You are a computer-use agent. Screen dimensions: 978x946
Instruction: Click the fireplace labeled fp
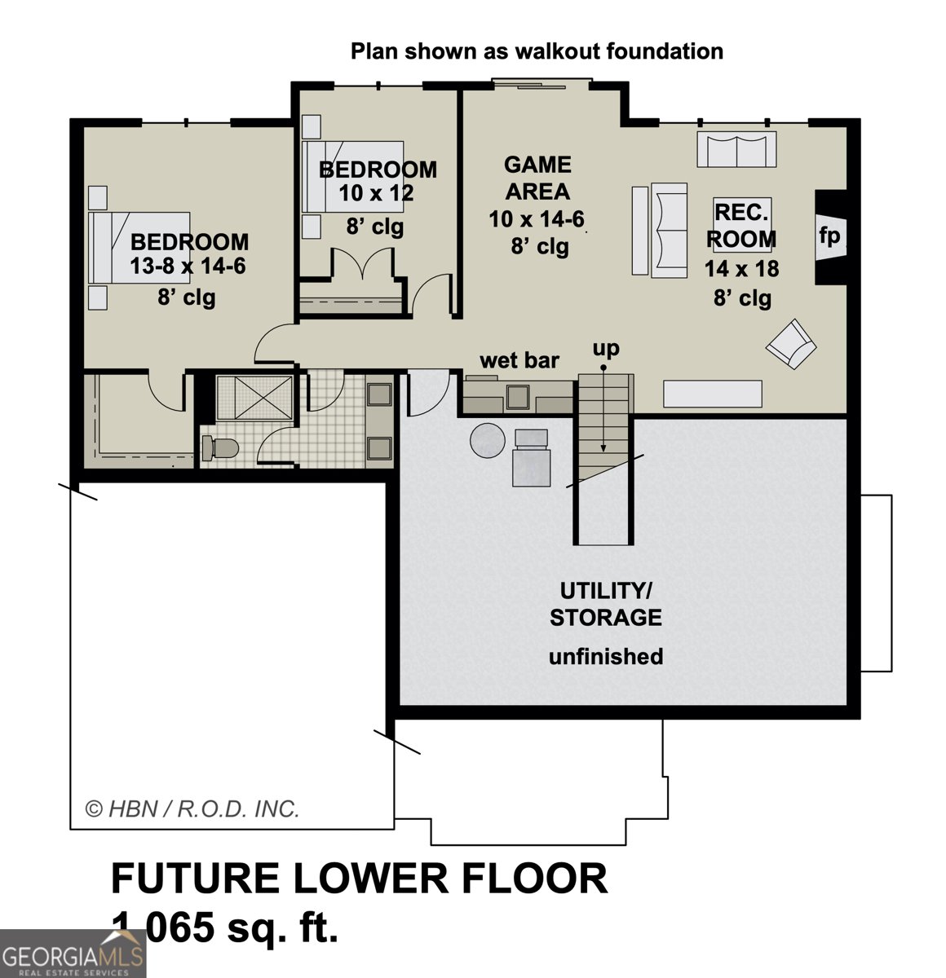click(x=830, y=236)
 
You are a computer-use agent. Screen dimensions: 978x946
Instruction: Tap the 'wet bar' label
click(x=519, y=360)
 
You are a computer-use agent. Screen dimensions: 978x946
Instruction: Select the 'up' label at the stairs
click(x=605, y=349)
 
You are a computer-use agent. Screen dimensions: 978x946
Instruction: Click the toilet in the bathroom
click(x=219, y=447)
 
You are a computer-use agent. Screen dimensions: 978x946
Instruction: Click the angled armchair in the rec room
click(x=790, y=344)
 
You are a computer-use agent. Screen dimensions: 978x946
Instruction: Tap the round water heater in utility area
click(x=488, y=441)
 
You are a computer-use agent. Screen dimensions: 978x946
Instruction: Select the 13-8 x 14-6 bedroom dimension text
click(x=188, y=267)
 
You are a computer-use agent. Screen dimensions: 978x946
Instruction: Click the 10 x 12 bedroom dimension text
click(x=376, y=194)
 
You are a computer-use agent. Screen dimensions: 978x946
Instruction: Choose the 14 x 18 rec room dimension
click(x=741, y=268)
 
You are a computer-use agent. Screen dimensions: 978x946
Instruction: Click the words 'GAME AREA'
click(x=537, y=178)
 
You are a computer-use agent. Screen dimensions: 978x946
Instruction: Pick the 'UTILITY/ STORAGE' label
click(x=605, y=604)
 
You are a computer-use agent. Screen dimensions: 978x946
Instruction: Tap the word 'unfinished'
click(x=605, y=656)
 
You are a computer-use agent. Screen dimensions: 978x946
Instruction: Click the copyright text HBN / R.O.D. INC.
click(x=193, y=809)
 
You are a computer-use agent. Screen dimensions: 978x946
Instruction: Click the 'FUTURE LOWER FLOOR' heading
click(x=359, y=879)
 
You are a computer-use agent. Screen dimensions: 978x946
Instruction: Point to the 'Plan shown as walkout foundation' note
click(x=537, y=51)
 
